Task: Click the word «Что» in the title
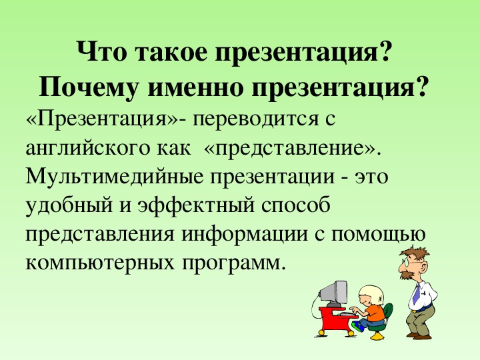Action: [x=101, y=51]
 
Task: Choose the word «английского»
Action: [x=88, y=149]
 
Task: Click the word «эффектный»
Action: [x=196, y=205]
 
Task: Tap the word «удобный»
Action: [x=69, y=205]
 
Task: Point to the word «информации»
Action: [x=245, y=234]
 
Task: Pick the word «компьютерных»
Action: [x=100, y=263]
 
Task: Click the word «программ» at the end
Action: [x=231, y=263]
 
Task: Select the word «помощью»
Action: [x=379, y=234]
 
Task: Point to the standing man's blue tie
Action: [x=417, y=294]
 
